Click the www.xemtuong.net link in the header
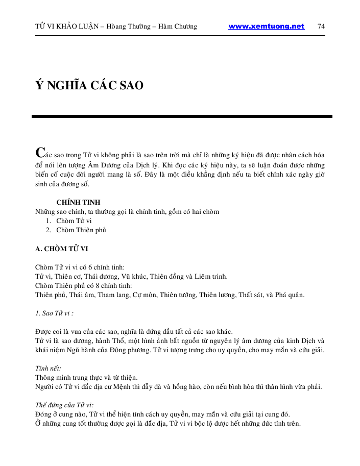click(266, 27)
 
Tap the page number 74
click(321, 27)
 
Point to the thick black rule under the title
click(182, 116)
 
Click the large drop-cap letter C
click(39, 152)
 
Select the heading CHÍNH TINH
click(78, 202)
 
